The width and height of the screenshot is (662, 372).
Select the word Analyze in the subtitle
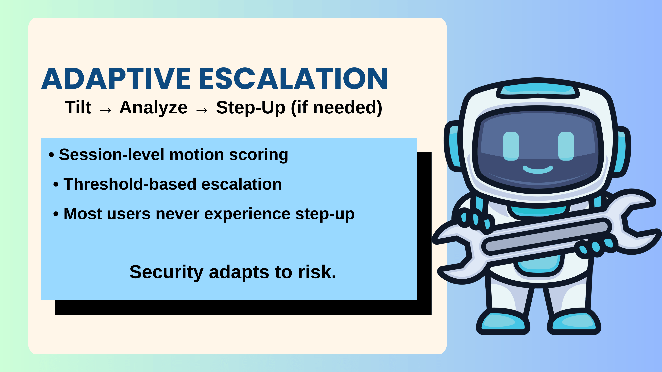pos(153,108)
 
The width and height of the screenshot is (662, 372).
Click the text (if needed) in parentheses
pos(337,108)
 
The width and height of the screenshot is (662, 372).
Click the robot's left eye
pos(511,146)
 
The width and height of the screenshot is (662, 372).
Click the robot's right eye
pos(566,146)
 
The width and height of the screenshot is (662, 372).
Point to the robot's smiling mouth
pos(538,170)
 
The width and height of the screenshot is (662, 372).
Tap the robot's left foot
pos(502,322)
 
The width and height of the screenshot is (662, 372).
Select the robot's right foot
pos(574,322)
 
